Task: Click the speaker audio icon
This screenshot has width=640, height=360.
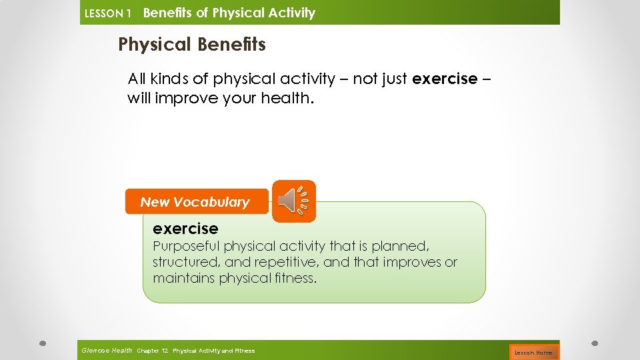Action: pos(294,201)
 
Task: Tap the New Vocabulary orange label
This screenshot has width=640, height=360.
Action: pos(195,202)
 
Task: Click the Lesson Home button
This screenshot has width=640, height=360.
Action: pos(533,352)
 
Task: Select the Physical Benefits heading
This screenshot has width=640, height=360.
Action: pos(192,45)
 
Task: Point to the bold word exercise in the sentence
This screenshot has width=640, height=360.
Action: pos(445,79)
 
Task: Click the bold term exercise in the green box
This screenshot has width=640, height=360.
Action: pos(185,229)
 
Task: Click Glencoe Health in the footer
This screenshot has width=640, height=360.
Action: pos(107,351)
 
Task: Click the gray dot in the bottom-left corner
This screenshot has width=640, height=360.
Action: pos(42,343)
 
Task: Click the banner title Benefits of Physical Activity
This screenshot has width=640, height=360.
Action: pos(229,13)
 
